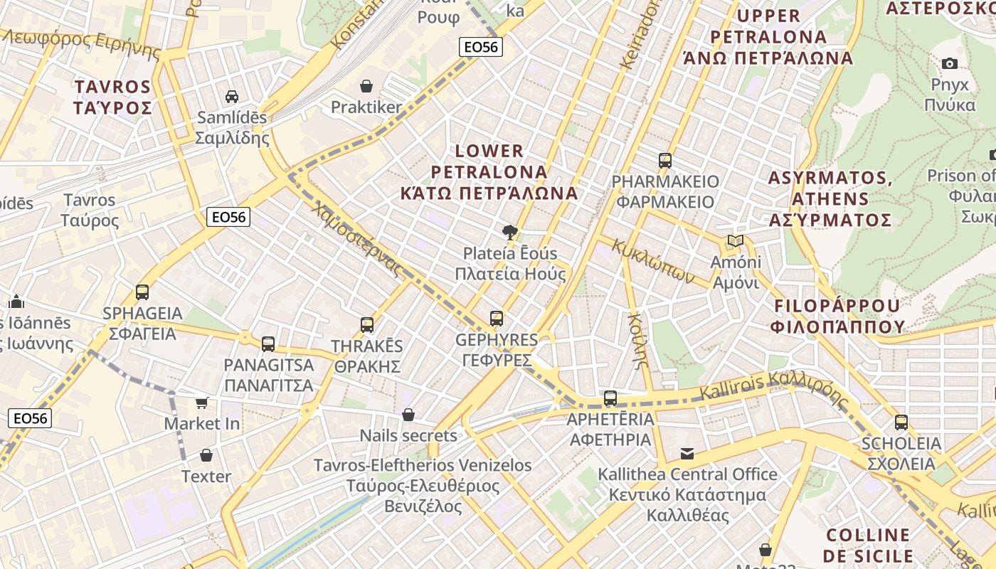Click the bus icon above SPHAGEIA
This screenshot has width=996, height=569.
click(142, 292)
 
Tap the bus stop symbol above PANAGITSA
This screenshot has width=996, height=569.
click(268, 344)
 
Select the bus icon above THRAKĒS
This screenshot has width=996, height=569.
click(367, 325)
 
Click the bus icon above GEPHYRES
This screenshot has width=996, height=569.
click(497, 318)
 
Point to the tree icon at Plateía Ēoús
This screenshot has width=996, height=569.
click(509, 231)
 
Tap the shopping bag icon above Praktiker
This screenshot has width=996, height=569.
click(366, 86)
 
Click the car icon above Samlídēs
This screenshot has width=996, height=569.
click(231, 96)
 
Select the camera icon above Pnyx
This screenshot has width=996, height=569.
click(950, 63)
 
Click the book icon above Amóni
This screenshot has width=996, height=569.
click(735, 241)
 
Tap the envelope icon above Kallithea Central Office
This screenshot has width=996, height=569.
click(687, 453)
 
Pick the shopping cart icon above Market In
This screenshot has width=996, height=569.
click(202, 403)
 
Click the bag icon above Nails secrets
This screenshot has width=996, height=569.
click(408, 414)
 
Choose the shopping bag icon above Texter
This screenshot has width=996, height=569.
click(206, 455)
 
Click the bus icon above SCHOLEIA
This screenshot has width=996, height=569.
click(901, 422)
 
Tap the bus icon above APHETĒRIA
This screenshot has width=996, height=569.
click(610, 398)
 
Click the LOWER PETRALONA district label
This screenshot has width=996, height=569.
click(489, 171)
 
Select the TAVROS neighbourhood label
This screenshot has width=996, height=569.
click(113, 97)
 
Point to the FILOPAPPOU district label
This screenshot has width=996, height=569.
click(837, 316)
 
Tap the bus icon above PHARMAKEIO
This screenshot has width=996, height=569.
click(665, 160)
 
